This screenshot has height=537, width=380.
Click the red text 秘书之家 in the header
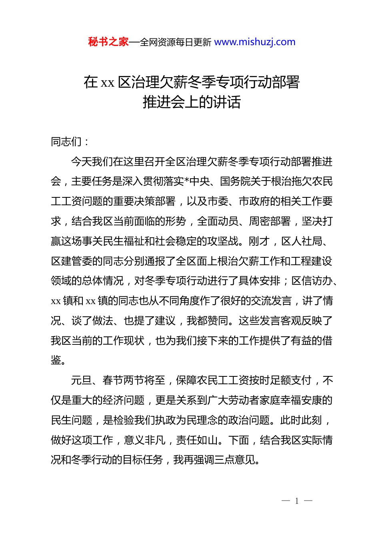coord(108,42)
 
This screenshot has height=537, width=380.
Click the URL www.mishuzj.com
coord(255,42)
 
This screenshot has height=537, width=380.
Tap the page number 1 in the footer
coord(297,501)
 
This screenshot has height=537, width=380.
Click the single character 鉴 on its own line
coord(56,360)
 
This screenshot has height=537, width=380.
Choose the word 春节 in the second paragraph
coord(113,380)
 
